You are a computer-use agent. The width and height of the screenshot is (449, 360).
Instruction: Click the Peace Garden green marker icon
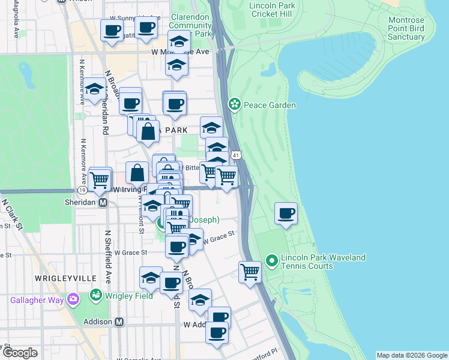pyautogui.click(x=234, y=105)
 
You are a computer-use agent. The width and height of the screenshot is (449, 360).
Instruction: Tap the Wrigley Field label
pyautogui.click(x=125, y=295)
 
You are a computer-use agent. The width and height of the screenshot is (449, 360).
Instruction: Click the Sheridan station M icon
pyautogui.click(x=103, y=203)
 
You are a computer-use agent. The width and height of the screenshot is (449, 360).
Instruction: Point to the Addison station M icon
pyautogui.click(x=119, y=322)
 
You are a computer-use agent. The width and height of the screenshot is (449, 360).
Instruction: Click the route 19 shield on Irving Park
pyautogui.click(x=80, y=190)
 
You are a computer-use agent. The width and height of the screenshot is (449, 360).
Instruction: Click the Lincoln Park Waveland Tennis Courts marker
pyautogui.click(x=271, y=260)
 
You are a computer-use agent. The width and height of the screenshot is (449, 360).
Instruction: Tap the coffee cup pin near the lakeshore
pyautogui.click(x=286, y=214)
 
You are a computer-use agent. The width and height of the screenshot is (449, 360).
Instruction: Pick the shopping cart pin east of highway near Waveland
pyautogui.click(x=249, y=271)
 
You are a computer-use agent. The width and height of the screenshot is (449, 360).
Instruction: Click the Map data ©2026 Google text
pyautogui.click(x=412, y=355)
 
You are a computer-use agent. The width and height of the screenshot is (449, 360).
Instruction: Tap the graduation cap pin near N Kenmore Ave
pyautogui.click(x=93, y=90)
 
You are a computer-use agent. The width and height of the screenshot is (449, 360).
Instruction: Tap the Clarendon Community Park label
pyautogui.click(x=191, y=26)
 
